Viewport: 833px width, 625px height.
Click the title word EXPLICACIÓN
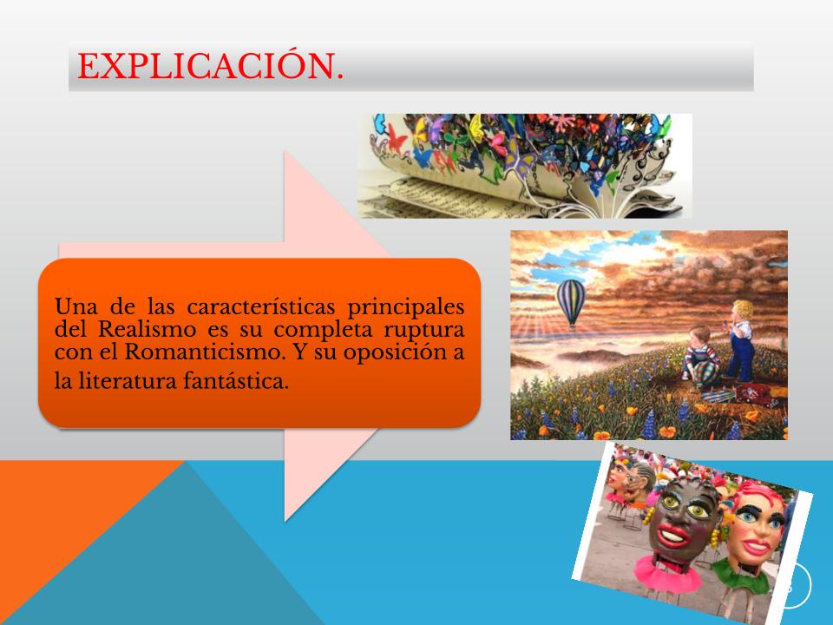210,67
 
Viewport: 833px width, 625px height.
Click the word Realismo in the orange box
148,330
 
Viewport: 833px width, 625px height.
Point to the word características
261,306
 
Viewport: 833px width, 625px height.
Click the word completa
322,331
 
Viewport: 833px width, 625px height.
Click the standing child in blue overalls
740,341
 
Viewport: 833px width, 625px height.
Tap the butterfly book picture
524,166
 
